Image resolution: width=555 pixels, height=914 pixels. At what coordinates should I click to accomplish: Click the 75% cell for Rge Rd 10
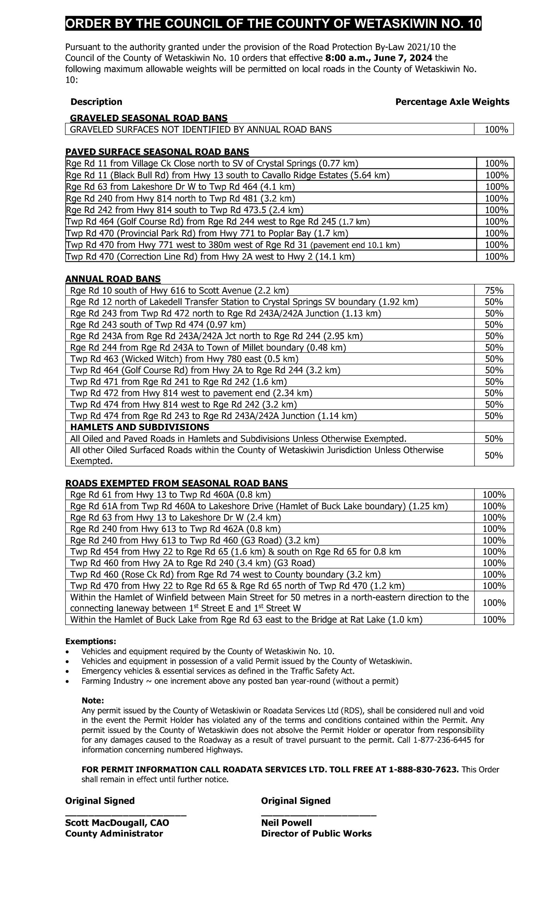point(493,290)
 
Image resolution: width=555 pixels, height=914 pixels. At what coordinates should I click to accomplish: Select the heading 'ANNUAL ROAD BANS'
point(113,278)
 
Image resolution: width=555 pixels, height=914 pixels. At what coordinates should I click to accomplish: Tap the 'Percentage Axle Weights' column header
point(452,102)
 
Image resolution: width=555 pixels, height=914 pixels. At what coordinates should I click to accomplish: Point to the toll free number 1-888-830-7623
point(423,769)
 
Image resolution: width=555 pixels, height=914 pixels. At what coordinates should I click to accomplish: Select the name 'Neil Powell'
point(286,823)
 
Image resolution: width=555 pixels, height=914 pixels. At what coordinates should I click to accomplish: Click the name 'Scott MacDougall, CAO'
point(117,823)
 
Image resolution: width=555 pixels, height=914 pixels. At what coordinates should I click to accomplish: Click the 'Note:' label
point(92,700)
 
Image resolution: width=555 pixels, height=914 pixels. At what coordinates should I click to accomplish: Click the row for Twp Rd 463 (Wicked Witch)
point(184,359)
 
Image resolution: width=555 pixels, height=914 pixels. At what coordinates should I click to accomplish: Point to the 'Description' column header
point(96,102)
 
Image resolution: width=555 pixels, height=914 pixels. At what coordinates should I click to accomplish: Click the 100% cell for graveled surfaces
point(496,129)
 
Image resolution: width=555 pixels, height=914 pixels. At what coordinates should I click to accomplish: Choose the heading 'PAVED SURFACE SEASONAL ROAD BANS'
point(157,152)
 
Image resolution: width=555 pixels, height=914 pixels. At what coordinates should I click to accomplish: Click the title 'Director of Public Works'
point(316,833)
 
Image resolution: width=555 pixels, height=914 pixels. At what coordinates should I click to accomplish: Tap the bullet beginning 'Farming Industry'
point(240,681)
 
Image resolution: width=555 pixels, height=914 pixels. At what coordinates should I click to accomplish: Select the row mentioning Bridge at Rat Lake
point(246,619)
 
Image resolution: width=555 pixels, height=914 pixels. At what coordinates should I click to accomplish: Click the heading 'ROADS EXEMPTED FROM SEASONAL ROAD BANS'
point(176,483)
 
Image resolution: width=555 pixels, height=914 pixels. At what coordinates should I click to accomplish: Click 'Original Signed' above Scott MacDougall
point(100,800)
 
